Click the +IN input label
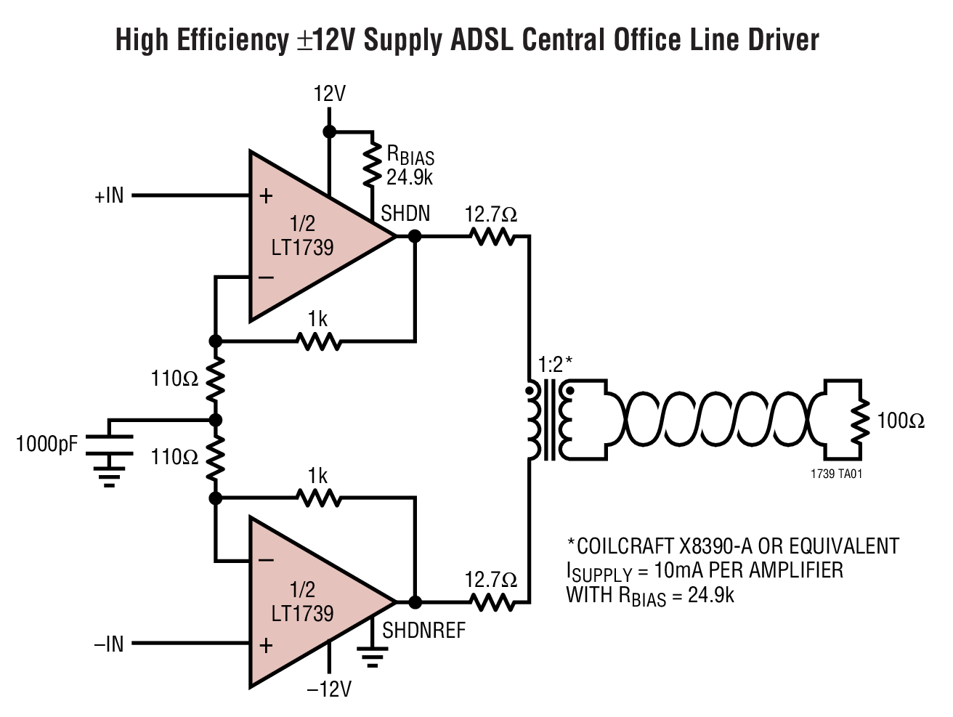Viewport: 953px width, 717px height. point(109,195)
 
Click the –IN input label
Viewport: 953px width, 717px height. point(109,644)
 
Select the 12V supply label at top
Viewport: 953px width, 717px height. point(329,94)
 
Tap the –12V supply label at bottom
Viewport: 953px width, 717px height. point(329,688)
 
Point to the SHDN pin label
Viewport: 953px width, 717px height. point(405,213)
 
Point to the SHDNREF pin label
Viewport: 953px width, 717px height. point(423,630)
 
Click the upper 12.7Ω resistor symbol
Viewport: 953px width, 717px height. point(492,236)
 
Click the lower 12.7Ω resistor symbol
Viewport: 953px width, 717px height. point(492,602)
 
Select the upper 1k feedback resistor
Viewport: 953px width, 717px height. point(318,341)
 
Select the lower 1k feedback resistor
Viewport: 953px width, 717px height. point(318,498)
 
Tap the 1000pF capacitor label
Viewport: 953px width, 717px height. point(47,442)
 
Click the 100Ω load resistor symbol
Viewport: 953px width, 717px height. point(860,421)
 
